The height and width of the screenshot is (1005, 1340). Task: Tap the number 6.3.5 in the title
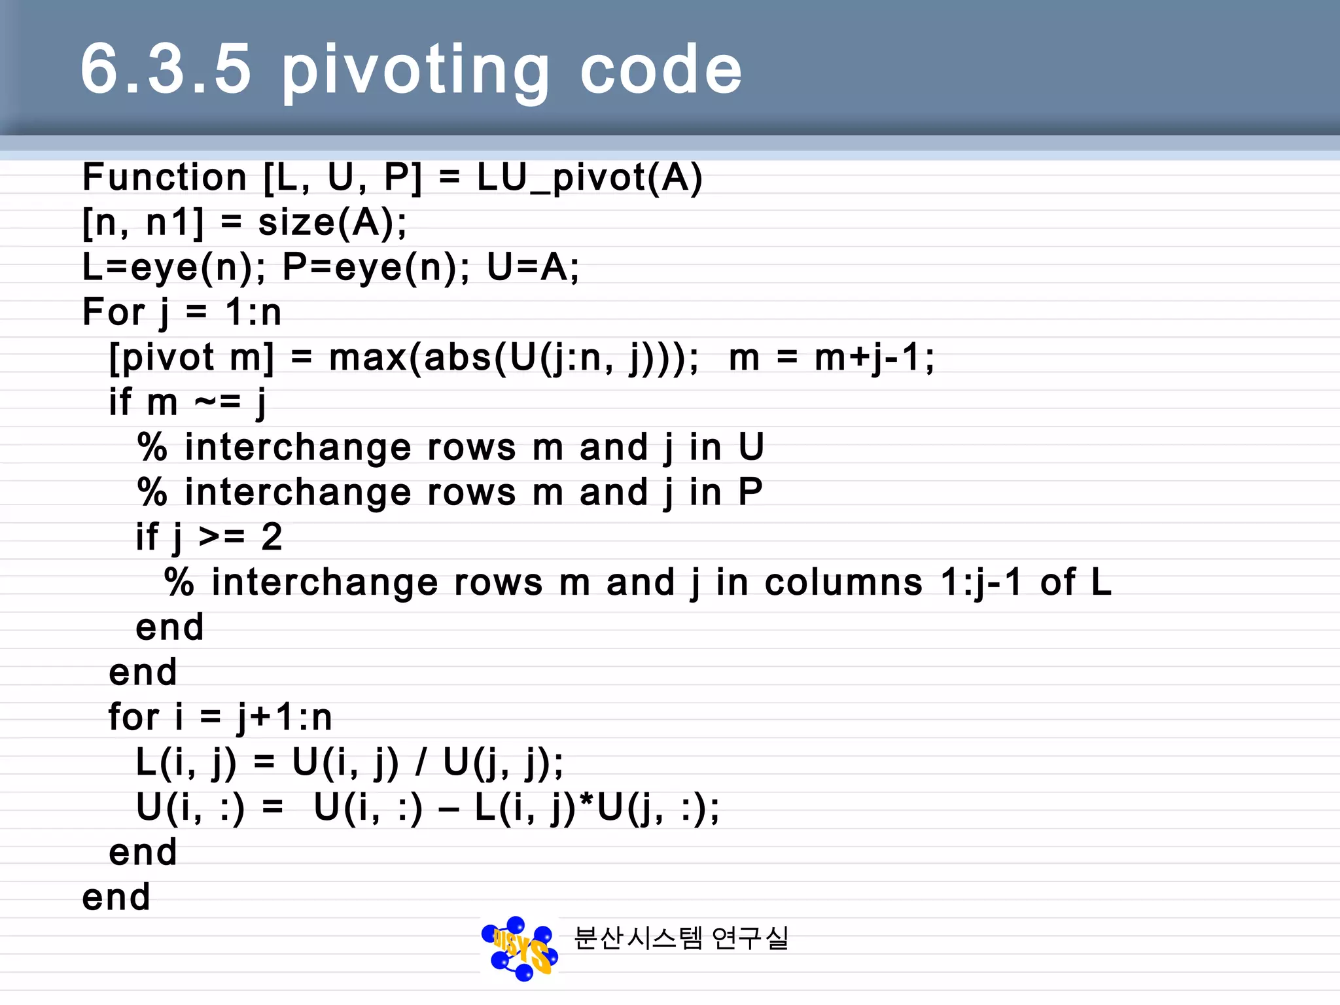click(166, 68)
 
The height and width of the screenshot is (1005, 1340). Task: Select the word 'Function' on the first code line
click(164, 177)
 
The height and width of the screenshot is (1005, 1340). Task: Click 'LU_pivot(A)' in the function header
click(590, 178)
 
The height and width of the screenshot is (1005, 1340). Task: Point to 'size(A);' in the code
click(332, 222)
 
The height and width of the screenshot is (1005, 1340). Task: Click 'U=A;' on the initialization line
click(533, 267)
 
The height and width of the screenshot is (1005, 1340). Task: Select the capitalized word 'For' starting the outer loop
click(113, 311)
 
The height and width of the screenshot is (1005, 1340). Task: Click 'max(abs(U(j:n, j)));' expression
click(514, 358)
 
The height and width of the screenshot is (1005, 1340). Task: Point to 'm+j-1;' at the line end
click(874, 358)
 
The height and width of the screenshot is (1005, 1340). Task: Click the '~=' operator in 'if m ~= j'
click(218, 402)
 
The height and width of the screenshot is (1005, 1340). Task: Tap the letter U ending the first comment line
click(751, 447)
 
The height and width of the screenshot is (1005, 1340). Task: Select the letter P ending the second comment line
click(750, 492)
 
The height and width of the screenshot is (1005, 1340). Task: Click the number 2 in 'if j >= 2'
click(272, 537)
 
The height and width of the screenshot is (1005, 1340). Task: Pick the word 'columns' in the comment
click(843, 582)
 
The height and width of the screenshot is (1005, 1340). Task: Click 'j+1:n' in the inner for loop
click(285, 717)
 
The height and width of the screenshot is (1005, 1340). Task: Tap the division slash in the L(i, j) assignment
click(421, 762)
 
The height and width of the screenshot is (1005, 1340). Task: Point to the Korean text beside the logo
click(680, 938)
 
